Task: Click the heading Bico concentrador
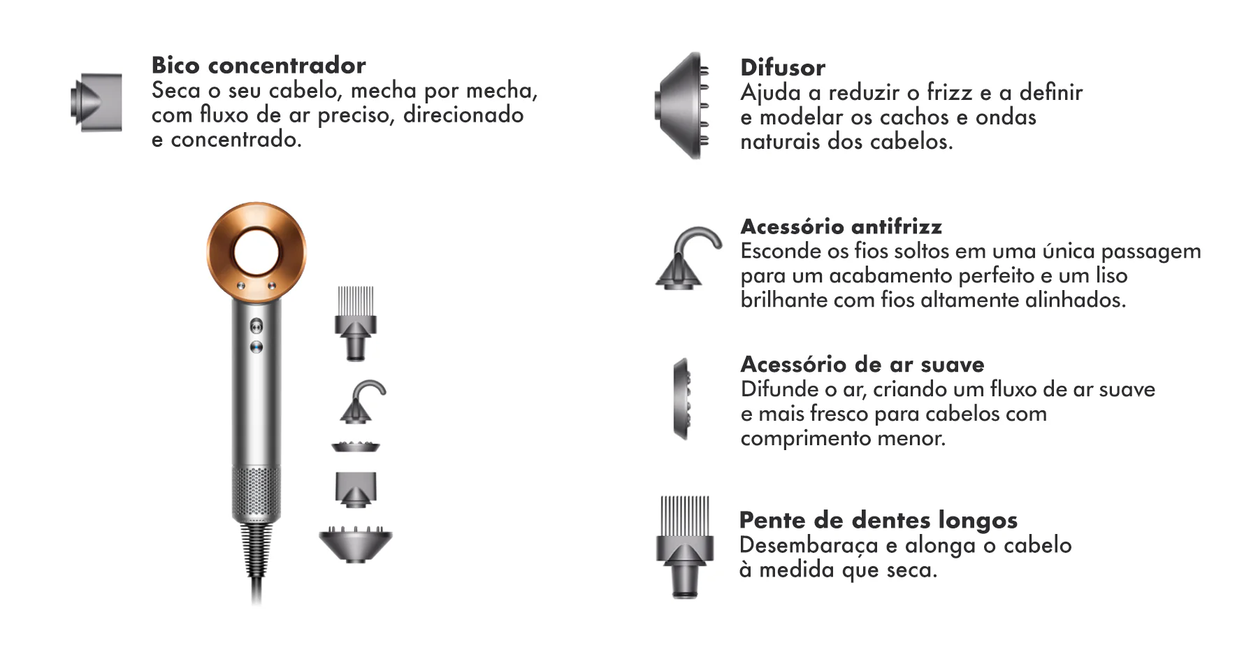point(259,65)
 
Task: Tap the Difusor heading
point(783,68)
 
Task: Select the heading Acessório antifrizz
point(841,226)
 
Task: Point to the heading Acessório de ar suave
point(862,364)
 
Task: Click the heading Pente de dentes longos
point(878,520)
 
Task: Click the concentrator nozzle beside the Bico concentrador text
point(98,102)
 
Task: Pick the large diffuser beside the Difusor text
point(682,106)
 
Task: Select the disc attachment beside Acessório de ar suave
point(681,398)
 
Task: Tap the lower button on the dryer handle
point(256,347)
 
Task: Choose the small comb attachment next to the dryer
point(356,322)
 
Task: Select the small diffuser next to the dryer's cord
point(356,544)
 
